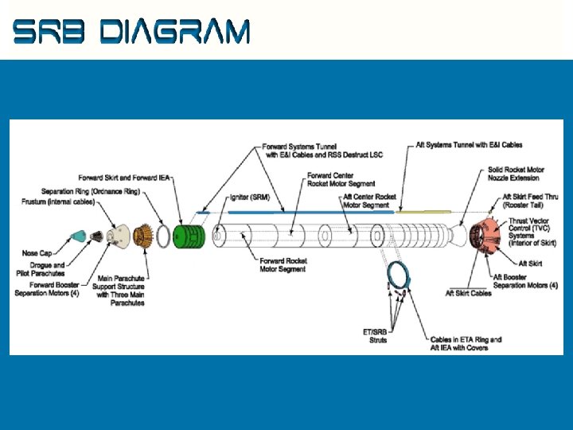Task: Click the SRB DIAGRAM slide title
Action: coord(132,32)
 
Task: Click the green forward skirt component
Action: coord(190,236)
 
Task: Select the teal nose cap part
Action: coord(79,235)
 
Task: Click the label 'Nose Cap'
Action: coord(37,253)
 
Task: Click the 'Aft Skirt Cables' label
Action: coord(469,293)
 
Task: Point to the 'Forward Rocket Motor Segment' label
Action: coord(283,265)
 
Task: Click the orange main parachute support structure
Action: coord(143,236)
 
